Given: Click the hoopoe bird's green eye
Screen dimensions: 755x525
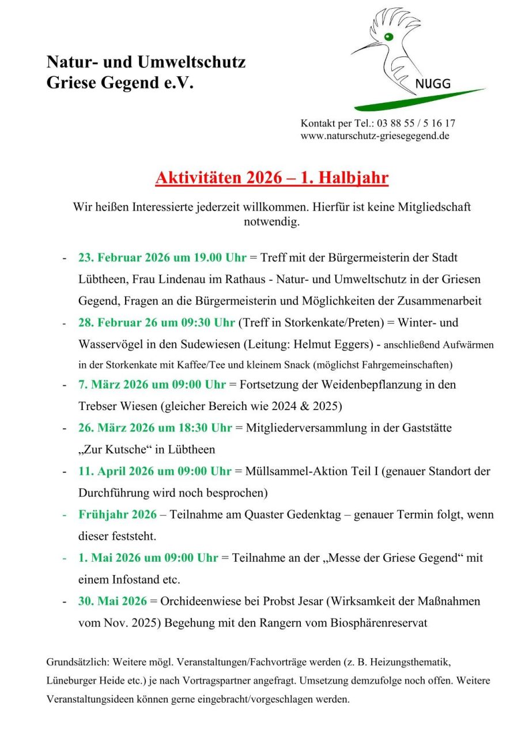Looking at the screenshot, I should (388, 37).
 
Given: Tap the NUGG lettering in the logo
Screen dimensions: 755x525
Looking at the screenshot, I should (433, 84).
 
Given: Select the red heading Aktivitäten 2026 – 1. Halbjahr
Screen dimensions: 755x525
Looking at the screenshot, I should (271, 178).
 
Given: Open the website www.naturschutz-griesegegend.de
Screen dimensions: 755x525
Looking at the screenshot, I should (375, 136).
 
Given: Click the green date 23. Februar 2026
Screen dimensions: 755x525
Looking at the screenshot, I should (124, 257).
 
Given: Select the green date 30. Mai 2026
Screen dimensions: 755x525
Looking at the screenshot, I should (112, 601).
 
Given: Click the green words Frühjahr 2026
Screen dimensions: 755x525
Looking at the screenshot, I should (118, 514).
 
